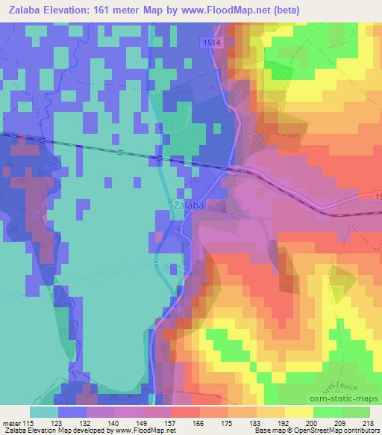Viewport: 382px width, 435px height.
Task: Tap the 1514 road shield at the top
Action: pos(210,44)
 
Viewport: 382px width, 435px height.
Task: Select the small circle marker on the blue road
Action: pos(177,307)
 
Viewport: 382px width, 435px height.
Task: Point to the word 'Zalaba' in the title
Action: pos(25,11)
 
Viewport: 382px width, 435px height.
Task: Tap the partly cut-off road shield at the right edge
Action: pos(378,195)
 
